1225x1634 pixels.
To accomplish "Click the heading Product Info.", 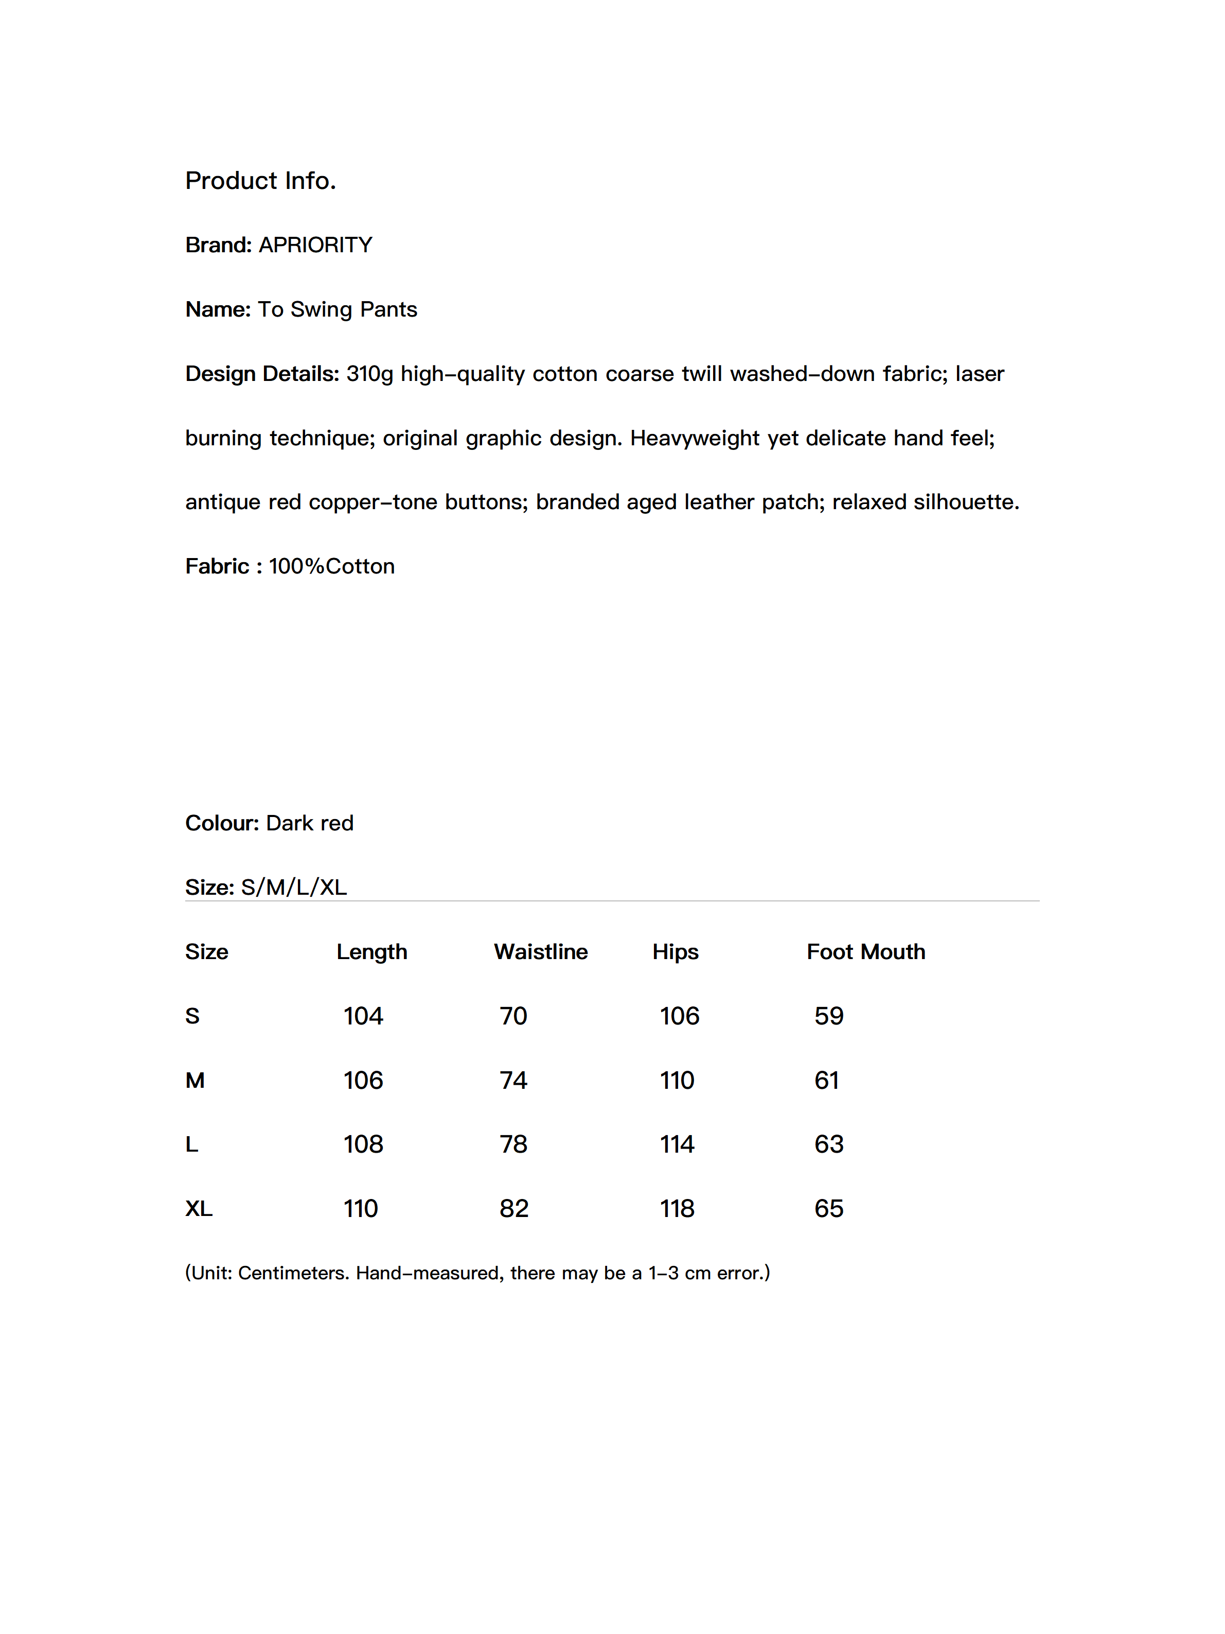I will pos(260,181).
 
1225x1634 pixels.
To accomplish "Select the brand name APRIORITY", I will pos(315,245).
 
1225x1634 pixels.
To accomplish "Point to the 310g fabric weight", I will pos(369,374).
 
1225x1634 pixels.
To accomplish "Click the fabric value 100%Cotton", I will pos(331,567).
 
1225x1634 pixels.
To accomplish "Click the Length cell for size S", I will pos(363,1016).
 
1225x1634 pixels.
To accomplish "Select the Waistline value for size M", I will pos(513,1080).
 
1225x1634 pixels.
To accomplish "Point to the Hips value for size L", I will pos(677,1144).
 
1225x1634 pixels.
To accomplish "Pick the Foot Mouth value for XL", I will pos(828,1208).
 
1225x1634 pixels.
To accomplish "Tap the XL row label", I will pos(199,1208).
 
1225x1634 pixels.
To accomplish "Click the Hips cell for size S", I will pos(679,1016).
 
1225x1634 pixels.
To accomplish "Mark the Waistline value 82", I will pos(514,1208).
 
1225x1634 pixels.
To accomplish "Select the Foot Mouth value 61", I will pos(826,1080).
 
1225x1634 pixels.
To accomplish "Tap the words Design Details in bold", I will pos(261,374).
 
